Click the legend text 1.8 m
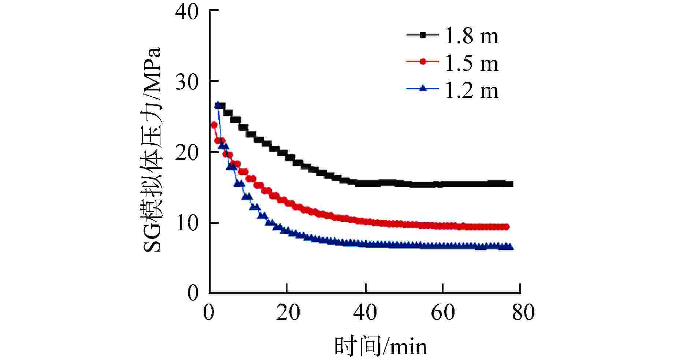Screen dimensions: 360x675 click(471, 36)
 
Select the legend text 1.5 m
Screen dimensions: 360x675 click(471, 63)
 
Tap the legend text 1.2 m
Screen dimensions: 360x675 click(471, 90)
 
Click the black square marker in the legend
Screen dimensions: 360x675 click(423, 35)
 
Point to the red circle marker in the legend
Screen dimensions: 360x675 click(423, 62)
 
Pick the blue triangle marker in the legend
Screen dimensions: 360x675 click(423, 88)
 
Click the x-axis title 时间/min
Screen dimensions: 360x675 click(381, 346)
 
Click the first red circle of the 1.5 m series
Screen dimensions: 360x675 click(214, 125)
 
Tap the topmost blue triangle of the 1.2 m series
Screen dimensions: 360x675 click(218, 105)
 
